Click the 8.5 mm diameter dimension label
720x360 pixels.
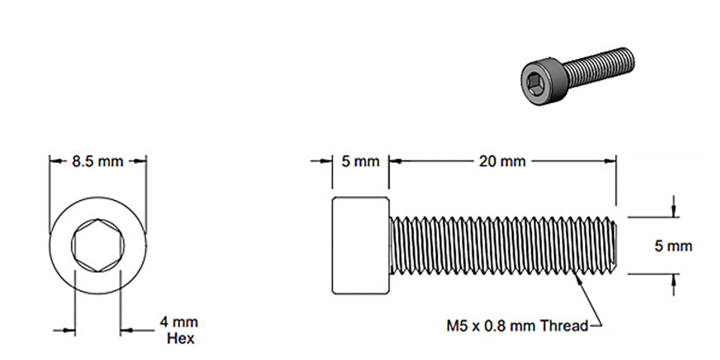[98, 161]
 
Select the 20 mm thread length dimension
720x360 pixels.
[502, 161]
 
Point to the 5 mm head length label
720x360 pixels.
[360, 161]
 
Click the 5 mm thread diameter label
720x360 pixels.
[673, 246]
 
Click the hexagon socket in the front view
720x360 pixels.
[98, 245]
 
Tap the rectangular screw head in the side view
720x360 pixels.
[360, 245]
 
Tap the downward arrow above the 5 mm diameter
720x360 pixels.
[673, 211]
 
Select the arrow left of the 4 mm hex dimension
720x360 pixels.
[69, 330]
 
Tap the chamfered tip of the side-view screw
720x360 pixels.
[614, 245]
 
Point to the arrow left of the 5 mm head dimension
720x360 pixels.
[325, 161]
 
